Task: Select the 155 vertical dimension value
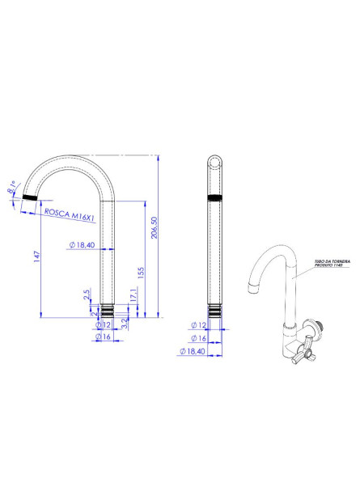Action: coord(142,273)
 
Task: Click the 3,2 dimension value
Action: coord(124,325)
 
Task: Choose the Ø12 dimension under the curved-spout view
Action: coord(102,324)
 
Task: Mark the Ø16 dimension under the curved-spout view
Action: coord(102,336)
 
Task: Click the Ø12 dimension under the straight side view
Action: coord(197,325)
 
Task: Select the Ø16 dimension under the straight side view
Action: coord(197,338)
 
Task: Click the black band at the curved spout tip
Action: coord(30,197)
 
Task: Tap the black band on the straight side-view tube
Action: coord(216,198)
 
